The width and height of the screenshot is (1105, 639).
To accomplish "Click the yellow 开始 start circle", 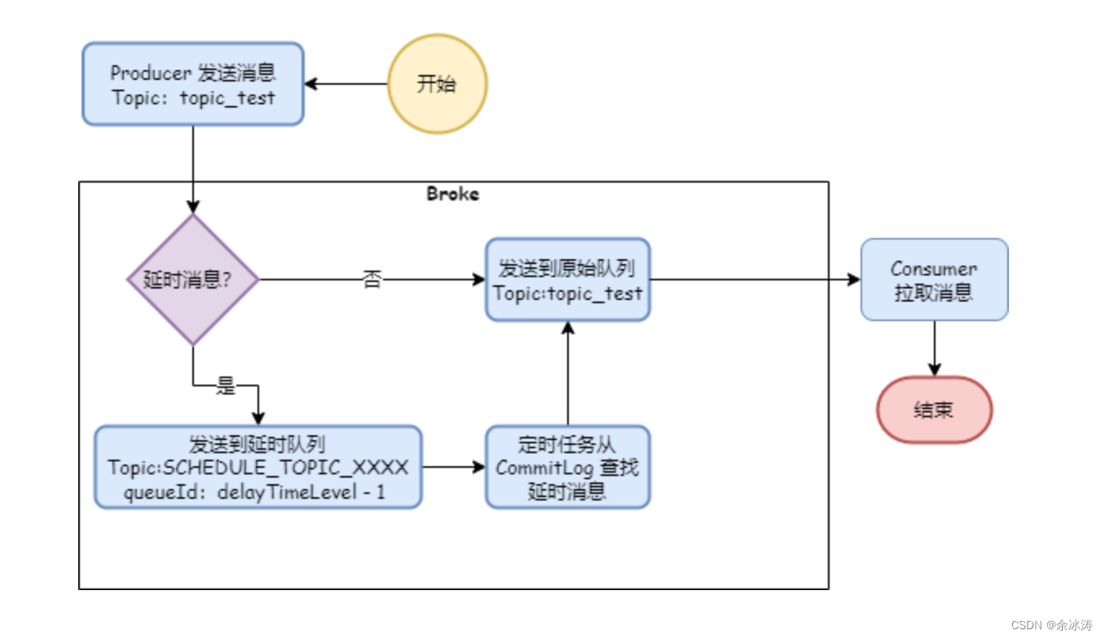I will (437, 84).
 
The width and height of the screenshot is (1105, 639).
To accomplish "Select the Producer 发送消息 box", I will (193, 84).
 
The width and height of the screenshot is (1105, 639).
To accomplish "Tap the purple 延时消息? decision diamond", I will (193, 280).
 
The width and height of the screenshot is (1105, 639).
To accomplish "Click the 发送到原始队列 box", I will (567, 280).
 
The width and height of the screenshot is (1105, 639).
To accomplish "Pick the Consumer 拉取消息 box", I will (934, 280).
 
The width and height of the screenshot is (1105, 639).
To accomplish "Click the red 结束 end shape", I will (934, 410).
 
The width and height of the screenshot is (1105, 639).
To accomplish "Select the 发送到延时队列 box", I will (258, 467).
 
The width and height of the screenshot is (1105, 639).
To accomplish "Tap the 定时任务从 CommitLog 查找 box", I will (567, 467).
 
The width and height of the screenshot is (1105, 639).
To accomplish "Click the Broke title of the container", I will (453, 194).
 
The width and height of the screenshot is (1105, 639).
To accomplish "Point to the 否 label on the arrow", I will (372, 280).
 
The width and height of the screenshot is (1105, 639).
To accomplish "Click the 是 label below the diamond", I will (226, 386).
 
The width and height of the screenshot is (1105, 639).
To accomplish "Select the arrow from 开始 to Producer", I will (346, 84).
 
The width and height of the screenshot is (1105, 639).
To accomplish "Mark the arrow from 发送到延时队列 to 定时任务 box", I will (453, 467).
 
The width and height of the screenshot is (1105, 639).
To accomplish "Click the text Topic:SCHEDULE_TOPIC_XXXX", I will (258, 468).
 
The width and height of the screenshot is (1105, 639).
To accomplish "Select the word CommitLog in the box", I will (546, 468).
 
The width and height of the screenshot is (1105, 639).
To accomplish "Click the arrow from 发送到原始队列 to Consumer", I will (755, 280).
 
